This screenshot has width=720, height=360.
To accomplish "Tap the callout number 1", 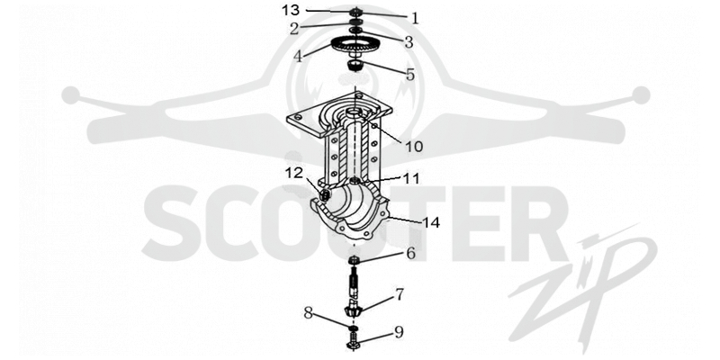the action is point(415,18).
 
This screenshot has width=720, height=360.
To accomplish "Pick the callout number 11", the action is point(411,178).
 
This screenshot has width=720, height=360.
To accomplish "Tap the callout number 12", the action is point(294,173).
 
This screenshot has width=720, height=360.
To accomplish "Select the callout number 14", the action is point(431,222).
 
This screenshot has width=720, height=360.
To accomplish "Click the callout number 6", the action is point(410,253).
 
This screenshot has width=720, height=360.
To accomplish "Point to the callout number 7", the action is point(400,294).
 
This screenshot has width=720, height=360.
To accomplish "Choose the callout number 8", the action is point(308,313).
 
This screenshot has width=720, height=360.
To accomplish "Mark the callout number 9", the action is point(398,332).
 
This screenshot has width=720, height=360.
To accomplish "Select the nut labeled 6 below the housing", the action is point(355,260).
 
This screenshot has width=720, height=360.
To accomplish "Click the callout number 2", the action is point(294,29).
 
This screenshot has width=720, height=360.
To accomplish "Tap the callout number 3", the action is point(409,42).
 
